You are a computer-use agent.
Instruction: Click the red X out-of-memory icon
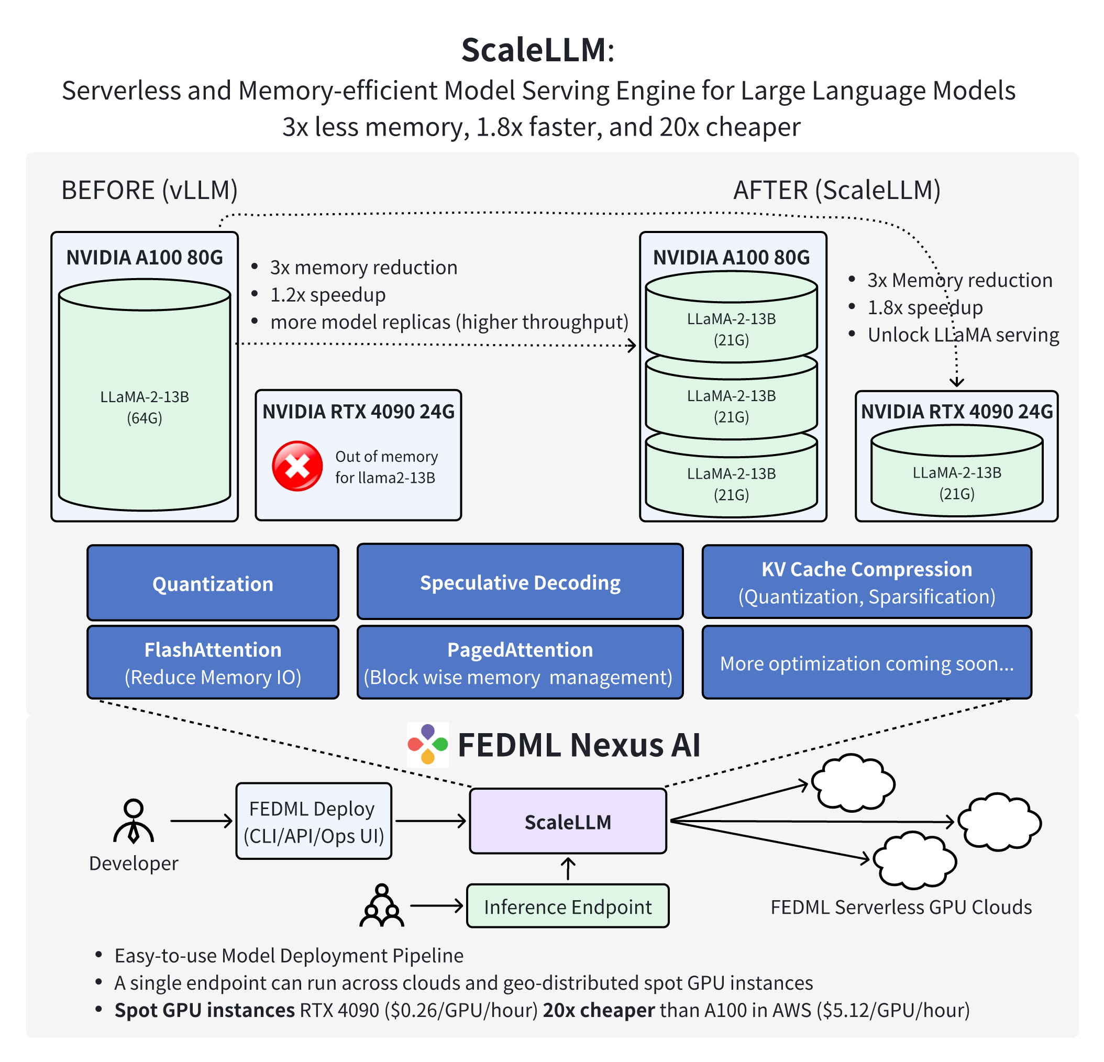tap(297, 466)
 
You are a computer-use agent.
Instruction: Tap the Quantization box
tap(213, 583)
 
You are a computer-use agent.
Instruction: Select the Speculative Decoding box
tap(520, 582)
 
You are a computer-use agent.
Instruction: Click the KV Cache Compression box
tap(866, 582)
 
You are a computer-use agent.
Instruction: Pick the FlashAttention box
tap(213, 662)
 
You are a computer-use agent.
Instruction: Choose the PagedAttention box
tap(520, 662)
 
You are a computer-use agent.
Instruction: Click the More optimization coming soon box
tap(866, 663)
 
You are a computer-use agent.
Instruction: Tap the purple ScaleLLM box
tap(568, 821)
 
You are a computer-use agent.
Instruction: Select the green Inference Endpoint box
tap(568, 906)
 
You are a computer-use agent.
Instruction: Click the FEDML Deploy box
tap(314, 821)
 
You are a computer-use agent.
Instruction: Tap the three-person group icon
tap(382, 905)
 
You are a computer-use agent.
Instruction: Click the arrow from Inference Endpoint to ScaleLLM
tap(568, 868)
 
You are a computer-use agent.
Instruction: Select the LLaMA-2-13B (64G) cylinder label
tap(145, 406)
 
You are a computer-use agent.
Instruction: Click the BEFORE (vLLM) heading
tap(149, 190)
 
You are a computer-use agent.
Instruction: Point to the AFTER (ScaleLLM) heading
tap(836, 190)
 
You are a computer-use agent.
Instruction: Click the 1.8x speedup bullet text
tap(924, 307)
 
